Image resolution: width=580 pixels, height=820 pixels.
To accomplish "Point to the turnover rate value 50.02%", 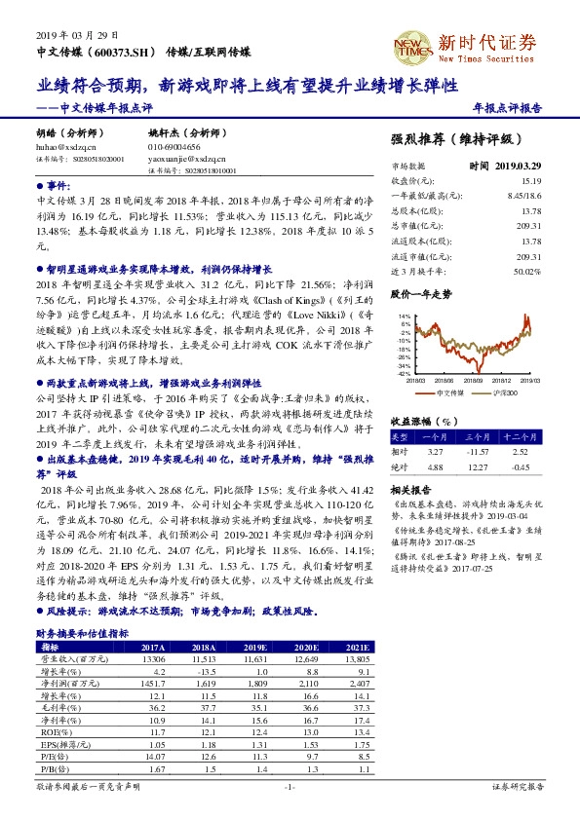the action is pos(527,273).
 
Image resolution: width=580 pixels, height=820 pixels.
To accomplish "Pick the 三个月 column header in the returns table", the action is pos(479,436).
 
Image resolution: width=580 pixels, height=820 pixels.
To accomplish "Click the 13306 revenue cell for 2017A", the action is pos(153,659).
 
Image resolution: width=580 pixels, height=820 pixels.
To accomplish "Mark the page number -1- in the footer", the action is pos(290,786).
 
